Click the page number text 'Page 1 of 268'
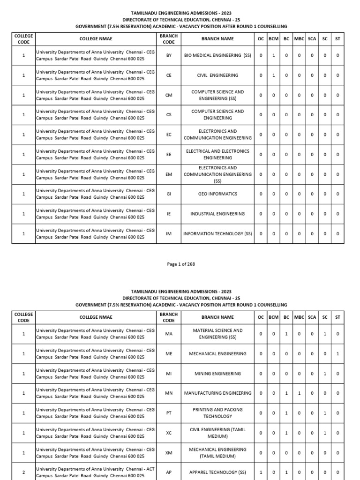pyautogui.click(x=181, y=264)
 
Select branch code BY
pyautogui.click(x=169, y=55)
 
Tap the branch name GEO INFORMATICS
pyautogui.click(x=217, y=194)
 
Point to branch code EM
pyautogui.click(x=169, y=174)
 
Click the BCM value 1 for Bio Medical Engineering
pyautogui.click(x=274, y=55)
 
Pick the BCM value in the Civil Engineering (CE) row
pyautogui.click(x=274, y=75)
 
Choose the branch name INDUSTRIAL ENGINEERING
pyautogui.click(x=217, y=214)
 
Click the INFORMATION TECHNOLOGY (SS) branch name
pyautogui.click(x=217, y=233)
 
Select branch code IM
pyautogui.click(x=169, y=233)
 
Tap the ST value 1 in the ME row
pyautogui.click(x=337, y=354)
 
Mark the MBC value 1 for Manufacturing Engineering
pyautogui.click(x=299, y=393)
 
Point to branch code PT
pyautogui.click(x=169, y=413)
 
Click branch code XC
pyautogui.click(x=169, y=433)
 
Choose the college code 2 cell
pyautogui.click(x=23, y=472)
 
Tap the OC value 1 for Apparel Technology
pyautogui.click(x=261, y=472)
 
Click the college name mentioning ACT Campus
pyautogui.click(x=95, y=472)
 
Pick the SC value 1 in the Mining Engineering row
pyautogui.click(x=325, y=374)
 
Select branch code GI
pyautogui.click(x=169, y=194)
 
